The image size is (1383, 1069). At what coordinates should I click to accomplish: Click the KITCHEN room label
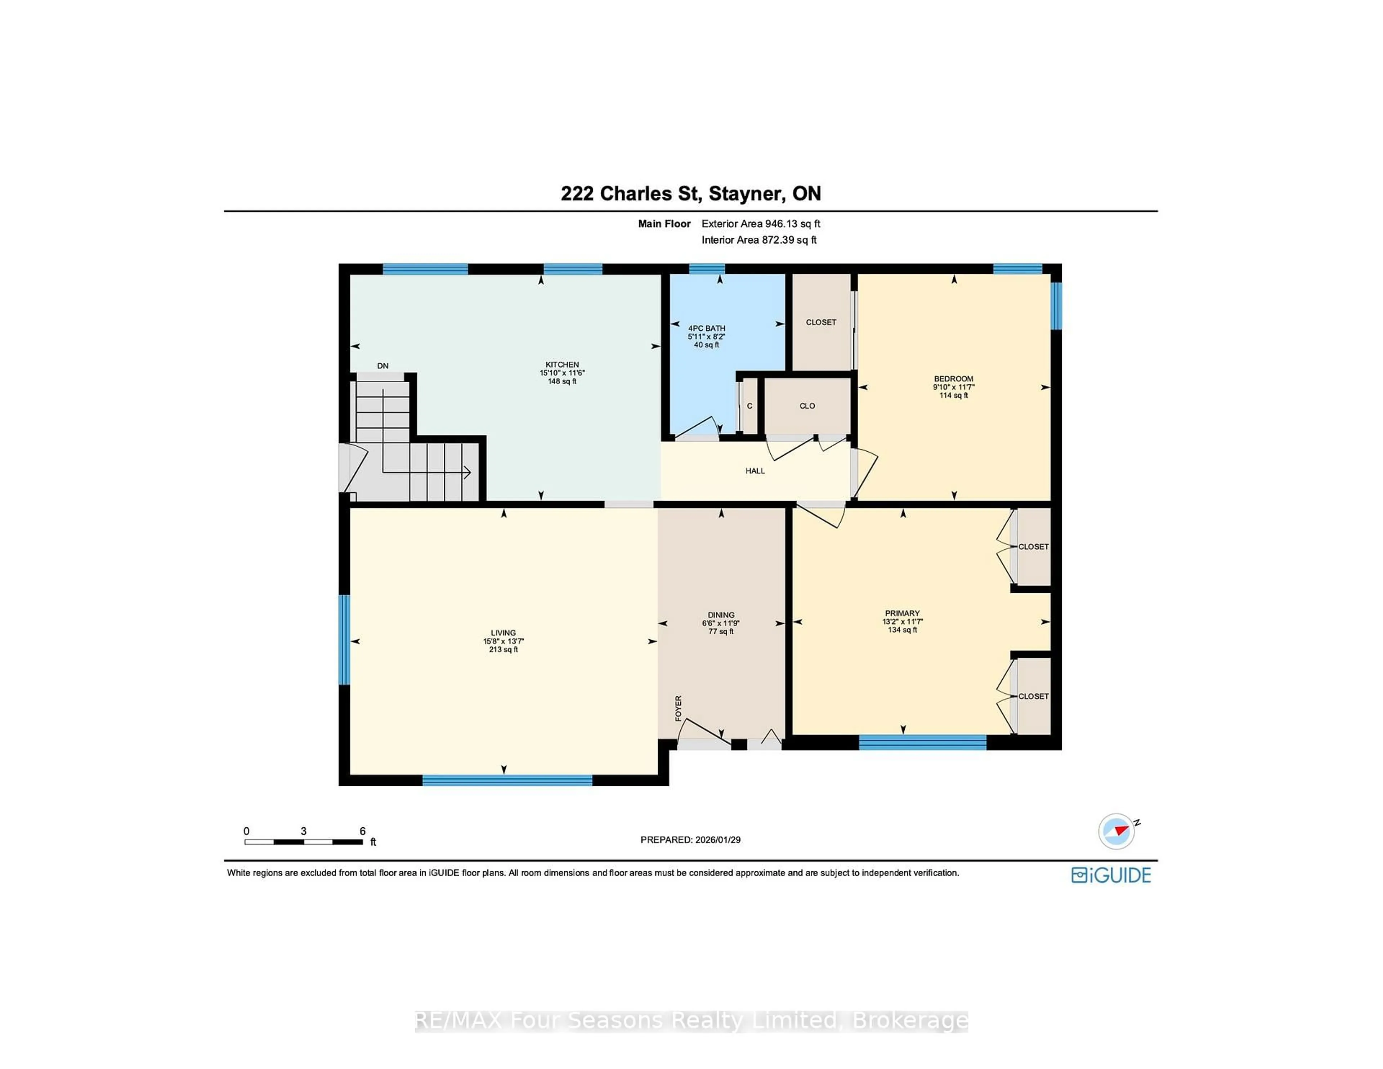pyautogui.click(x=562, y=365)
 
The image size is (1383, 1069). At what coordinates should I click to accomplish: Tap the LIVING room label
pyautogui.click(x=503, y=633)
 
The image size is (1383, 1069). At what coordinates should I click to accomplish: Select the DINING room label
pyautogui.click(x=721, y=615)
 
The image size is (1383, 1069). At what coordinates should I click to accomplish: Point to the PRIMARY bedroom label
pyautogui.click(x=902, y=613)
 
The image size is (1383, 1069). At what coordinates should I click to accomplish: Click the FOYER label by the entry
pyautogui.click(x=678, y=708)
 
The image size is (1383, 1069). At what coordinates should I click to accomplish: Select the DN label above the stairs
pyautogui.click(x=382, y=366)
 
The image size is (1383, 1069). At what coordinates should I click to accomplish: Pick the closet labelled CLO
pyautogui.click(x=807, y=406)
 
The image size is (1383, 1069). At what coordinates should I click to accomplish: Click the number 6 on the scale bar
pyautogui.click(x=362, y=831)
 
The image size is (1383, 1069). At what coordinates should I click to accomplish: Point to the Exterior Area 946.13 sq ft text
pyautogui.click(x=761, y=224)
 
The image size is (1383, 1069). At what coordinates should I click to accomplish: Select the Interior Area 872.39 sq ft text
pyautogui.click(x=758, y=240)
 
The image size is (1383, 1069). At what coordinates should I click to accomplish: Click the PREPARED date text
pyautogui.click(x=690, y=840)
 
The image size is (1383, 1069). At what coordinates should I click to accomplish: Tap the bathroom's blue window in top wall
pyautogui.click(x=707, y=269)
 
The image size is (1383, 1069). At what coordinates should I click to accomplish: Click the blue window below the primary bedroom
pyautogui.click(x=922, y=742)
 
